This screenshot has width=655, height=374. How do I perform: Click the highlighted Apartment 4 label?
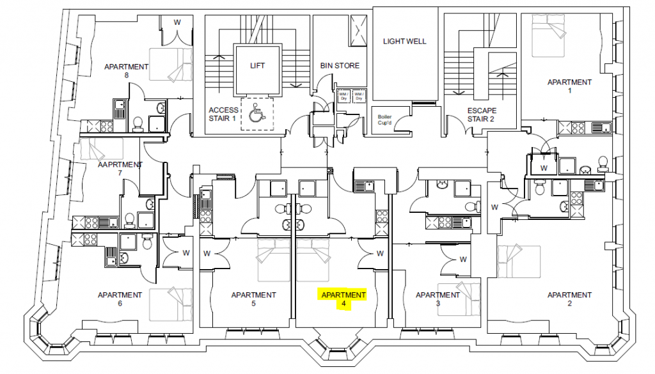(343, 299)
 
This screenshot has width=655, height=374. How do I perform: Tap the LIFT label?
(257, 65)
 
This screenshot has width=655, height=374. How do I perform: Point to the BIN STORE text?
(340, 65)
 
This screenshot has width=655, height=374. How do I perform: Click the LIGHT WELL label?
(404, 42)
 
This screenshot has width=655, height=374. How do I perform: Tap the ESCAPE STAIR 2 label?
(481, 114)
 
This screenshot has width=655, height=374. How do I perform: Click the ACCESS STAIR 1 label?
(223, 114)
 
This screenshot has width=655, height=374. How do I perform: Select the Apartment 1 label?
(569, 86)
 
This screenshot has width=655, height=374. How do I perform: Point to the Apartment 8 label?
(126, 70)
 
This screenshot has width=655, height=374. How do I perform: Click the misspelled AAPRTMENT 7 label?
(120, 168)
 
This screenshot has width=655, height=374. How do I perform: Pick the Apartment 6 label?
(120, 299)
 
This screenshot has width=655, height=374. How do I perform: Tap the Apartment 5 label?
(253, 299)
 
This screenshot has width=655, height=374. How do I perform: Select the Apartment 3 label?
(438, 299)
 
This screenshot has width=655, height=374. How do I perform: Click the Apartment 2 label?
(569, 299)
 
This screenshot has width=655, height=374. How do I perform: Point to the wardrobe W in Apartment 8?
(177, 23)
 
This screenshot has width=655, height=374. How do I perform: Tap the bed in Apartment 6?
(171, 304)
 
